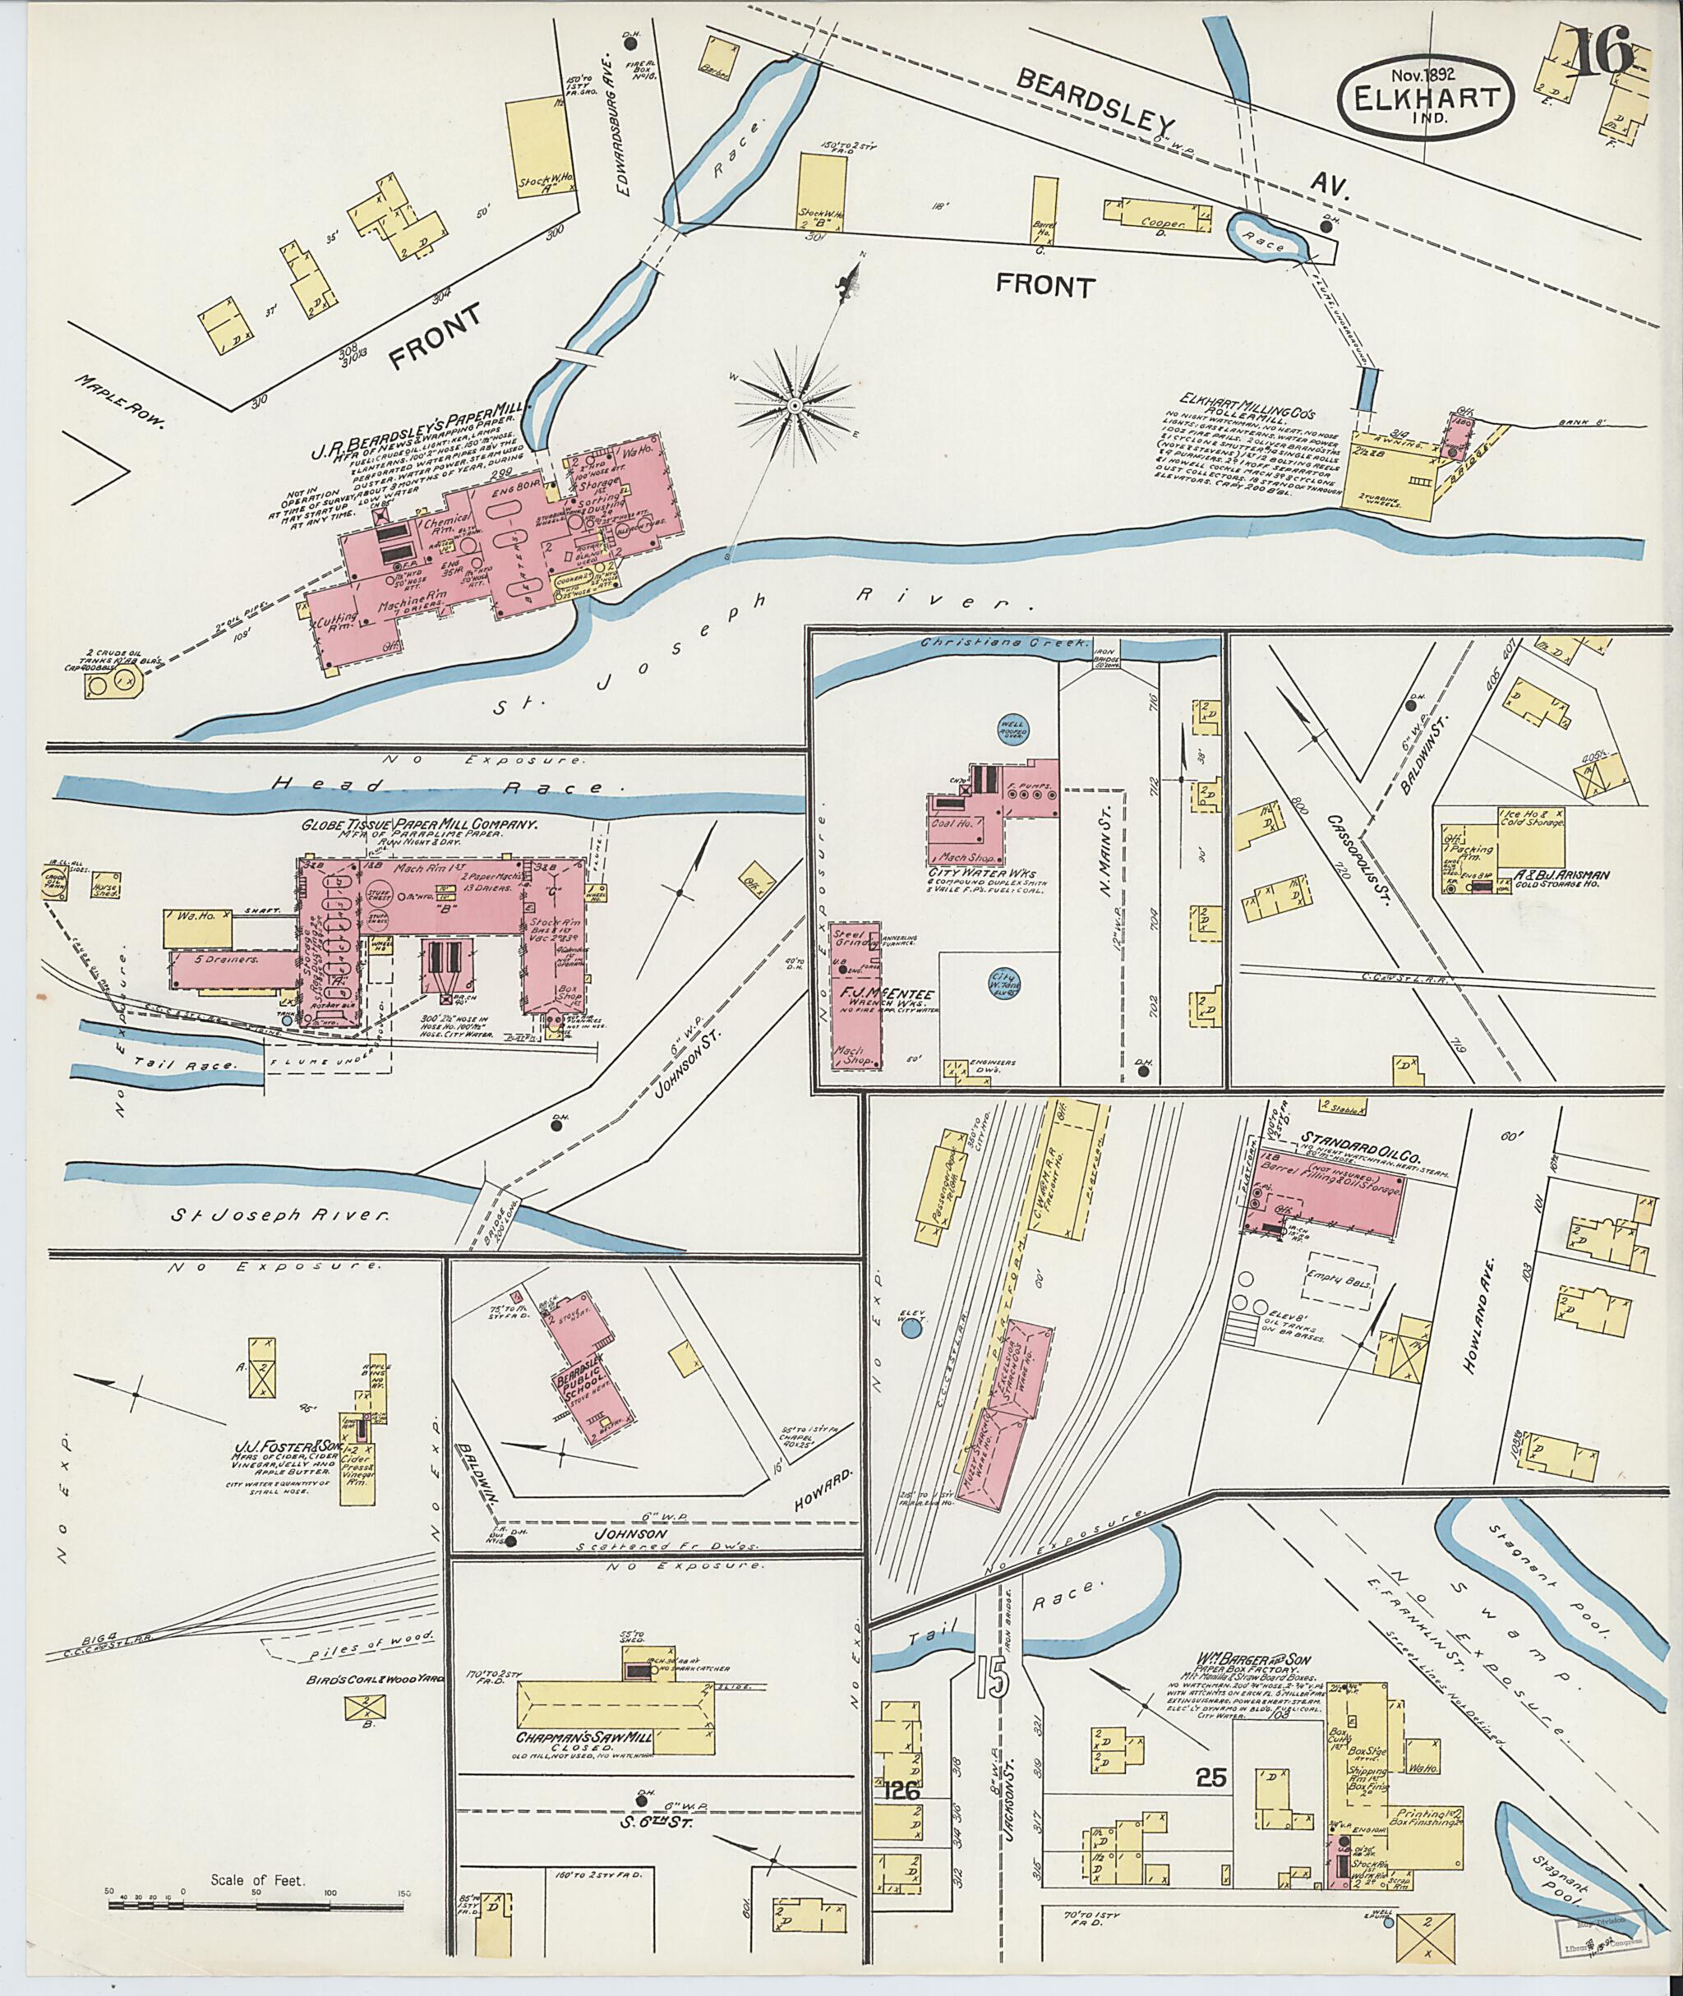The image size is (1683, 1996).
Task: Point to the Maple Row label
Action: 125,402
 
